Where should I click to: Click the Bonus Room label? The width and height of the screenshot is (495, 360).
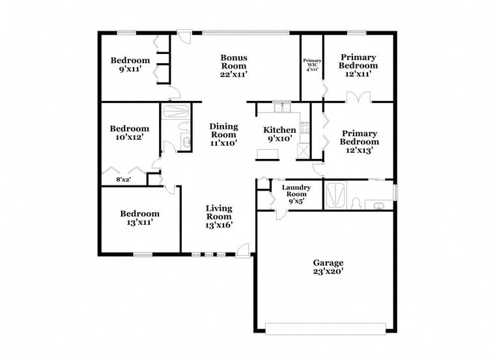tap(234, 66)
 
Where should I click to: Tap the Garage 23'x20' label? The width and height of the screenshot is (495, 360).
tap(328, 267)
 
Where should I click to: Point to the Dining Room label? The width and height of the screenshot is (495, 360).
tap(223, 135)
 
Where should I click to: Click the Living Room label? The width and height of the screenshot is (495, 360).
tap(219, 217)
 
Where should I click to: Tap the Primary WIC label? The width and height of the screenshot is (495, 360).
tap(312, 64)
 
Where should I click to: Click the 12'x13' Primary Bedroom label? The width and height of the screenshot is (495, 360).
tap(360, 142)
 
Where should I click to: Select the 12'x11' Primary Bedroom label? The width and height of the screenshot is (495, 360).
tap(358, 66)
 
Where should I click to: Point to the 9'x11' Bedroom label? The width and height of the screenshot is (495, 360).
tap(130, 64)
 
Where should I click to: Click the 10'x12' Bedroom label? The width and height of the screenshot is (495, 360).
tap(130, 133)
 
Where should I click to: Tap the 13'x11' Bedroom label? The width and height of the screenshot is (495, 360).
tap(140, 218)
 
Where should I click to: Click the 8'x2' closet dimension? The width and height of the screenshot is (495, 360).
tap(124, 180)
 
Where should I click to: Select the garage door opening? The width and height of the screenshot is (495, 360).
tap(326, 329)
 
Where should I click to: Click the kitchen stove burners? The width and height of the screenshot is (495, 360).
tap(305, 127)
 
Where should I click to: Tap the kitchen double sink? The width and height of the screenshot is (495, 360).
tap(282, 107)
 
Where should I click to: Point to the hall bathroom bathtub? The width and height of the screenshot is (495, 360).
tap(175, 111)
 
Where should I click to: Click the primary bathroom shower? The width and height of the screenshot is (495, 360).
tap(336, 195)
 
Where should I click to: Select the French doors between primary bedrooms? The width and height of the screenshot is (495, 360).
tap(358, 97)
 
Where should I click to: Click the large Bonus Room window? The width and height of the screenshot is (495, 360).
tap(246, 32)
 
